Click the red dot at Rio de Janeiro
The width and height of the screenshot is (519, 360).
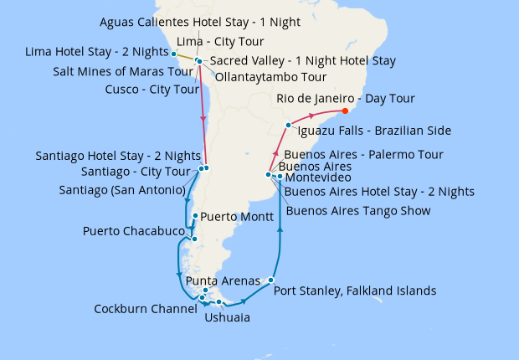coord(346,111)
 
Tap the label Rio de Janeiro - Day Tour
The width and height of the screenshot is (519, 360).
coord(345,99)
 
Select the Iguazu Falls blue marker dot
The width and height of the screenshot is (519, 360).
coord(289,125)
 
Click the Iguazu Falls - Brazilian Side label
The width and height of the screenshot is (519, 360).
coord(374,131)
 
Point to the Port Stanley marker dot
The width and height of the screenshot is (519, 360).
coord(271,280)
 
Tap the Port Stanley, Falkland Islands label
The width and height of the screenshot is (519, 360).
coord(355,291)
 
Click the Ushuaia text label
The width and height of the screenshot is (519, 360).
coord(227,317)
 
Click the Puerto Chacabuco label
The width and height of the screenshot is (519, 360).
coord(134,230)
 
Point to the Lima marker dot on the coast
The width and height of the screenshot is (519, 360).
coord(174,54)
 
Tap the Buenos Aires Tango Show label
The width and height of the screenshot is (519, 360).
coord(357,211)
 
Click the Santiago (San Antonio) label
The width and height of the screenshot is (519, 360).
coord(121,190)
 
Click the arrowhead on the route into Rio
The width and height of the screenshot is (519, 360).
coord(312,115)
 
